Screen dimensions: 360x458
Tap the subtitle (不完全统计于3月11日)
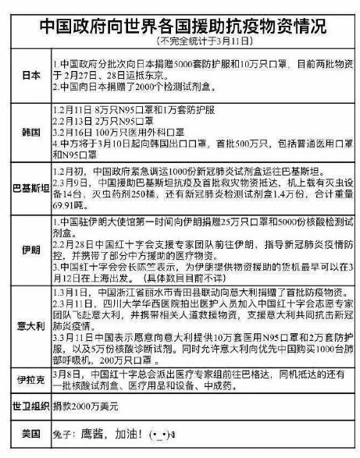coord(180,39)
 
